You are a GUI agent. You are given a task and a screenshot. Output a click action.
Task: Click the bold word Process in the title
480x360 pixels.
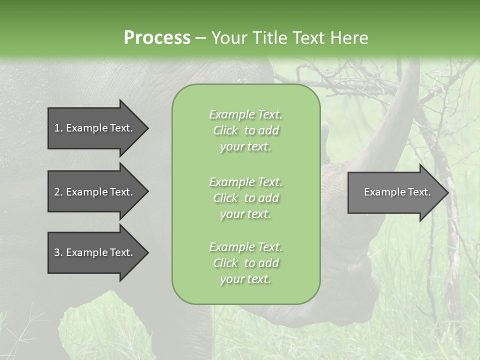pos(157,38)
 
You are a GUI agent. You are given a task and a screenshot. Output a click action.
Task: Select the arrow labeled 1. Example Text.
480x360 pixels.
pos(95,128)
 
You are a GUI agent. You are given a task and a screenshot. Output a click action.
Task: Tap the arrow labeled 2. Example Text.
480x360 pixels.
pos(95,192)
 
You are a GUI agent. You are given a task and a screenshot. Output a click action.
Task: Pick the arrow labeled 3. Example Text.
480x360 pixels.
pos(95,252)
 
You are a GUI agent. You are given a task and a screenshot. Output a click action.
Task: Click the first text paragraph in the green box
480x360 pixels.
pos(245,130)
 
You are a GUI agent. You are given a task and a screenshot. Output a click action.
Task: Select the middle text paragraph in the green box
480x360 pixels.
pos(245,198)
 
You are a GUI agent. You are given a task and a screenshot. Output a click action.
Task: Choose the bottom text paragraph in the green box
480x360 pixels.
pos(245,263)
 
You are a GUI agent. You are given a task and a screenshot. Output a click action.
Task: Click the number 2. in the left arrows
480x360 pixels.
pos(58,192)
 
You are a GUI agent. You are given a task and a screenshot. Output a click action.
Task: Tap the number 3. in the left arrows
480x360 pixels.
pos(58,252)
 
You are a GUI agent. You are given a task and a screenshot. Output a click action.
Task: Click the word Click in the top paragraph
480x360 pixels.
pos(225,130)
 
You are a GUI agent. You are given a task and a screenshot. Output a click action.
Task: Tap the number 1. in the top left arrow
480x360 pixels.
pos(58,128)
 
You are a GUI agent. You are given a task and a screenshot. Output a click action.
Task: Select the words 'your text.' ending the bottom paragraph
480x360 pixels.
pos(245,279)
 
